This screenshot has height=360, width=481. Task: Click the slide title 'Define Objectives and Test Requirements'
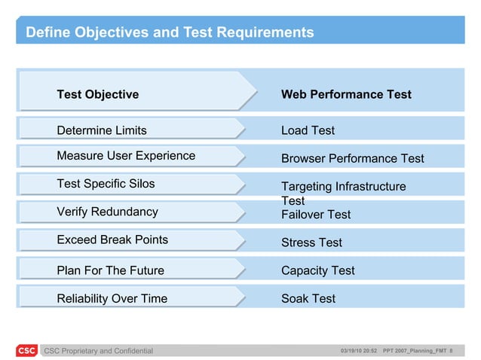(x=170, y=32)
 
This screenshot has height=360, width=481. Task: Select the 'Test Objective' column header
(x=98, y=94)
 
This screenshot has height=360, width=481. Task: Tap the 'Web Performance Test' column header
(x=346, y=94)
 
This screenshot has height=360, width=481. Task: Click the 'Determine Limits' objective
(x=102, y=130)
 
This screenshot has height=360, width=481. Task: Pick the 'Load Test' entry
(x=308, y=130)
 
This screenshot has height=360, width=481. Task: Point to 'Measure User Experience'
(x=126, y=156)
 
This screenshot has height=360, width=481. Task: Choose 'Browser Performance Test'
(x=352, y=158)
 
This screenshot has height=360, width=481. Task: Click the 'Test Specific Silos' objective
(x=106, y=184)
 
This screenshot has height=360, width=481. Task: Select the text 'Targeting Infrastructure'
(x=343, y=186)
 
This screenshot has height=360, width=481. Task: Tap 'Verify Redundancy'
(x=107, y=212)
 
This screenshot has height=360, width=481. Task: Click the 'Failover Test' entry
(x=316, y=215)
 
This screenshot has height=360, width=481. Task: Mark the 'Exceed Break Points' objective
(x=112, y=239)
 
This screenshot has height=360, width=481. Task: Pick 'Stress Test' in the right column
(x=311, y=243)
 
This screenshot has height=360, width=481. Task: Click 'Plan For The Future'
(x=110, y=270)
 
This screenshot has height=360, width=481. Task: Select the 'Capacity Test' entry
(x=317, y=270)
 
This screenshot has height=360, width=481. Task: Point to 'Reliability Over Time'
(x=112, y=298)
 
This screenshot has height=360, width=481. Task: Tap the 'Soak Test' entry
(x=308, y=298)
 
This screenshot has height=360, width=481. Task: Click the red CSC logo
(x=26, y=350)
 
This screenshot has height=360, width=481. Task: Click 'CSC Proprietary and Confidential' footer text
(x=98, y=351)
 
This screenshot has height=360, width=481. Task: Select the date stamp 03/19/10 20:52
(x=359, y=351)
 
